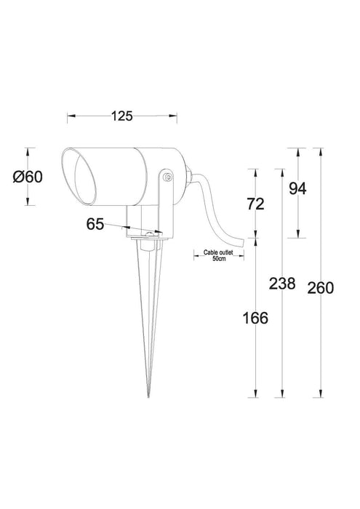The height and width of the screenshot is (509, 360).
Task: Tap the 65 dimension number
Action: [x=95, y=224]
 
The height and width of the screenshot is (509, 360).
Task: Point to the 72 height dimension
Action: [x=255, y=204]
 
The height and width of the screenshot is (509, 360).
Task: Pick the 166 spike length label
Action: [x=255, y=318]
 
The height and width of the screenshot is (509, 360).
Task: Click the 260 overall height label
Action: [x=321, y=287]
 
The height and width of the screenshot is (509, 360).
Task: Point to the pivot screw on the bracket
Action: [x=168, y=176]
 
